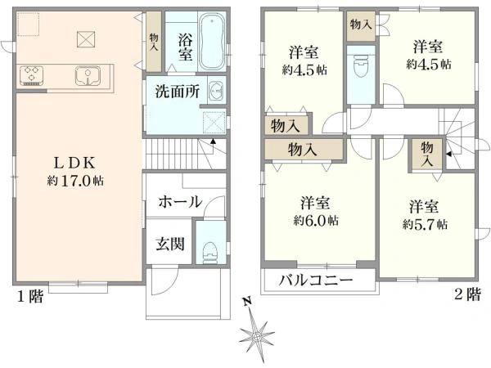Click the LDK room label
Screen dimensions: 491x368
pyautogui.click(x=74, y=163)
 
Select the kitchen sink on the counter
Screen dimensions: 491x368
pyautogui.click(x=88, y=75)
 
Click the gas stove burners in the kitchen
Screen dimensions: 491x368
pyautogui.click(x=31, y=75)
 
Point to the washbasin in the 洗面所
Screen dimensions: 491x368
pyautogui.click(x=215, y=92)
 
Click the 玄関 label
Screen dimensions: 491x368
pyautogui.click(x=170, y=244)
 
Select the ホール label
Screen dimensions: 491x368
pyautogui.click(x=180, y=202)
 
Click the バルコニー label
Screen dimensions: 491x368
pyautogui.click(x=316, y=280)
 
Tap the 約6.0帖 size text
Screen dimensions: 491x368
pyautogui.click(x=316, y=221)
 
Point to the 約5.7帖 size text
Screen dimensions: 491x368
pyautogui.click(x=425, y=224)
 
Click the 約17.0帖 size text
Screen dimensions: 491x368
pyautogui.click(x=75, y=181)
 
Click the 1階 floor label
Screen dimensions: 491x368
pyautogui.click(x=29, y=296)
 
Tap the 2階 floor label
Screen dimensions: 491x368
pyautogui.click(x=467, y=294)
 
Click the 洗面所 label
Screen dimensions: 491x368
pyautogui.click(x=178, y=92)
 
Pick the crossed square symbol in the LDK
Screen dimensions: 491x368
pyautogui.click(x=86, y=39)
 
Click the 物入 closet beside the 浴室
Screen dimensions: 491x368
pyautogui.click(x=154, y=42)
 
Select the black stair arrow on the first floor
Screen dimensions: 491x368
pyautogui.click(x=213, y=141)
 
